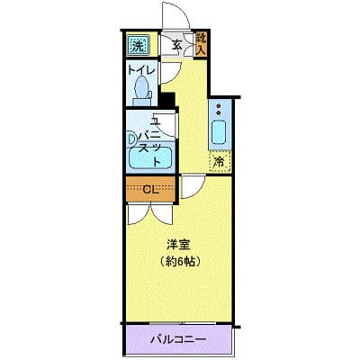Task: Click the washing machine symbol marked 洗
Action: tap(138, 45)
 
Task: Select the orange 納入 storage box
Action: tap(201, 44)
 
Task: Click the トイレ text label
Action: tap(141, 70)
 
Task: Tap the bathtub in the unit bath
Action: tap(149, 158)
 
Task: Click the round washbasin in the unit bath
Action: tap(131, 139)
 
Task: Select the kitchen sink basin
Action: tap(219, 132)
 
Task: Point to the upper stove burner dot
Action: tap(219, 106)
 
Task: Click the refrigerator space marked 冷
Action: tap(220, 161)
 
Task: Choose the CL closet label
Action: tap(150, 189)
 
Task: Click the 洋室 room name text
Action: tap(179, 246)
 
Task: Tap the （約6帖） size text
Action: tap(179, 262)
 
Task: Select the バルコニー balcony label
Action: tap(178, 340)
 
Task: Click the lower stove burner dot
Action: tap(219, 112)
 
